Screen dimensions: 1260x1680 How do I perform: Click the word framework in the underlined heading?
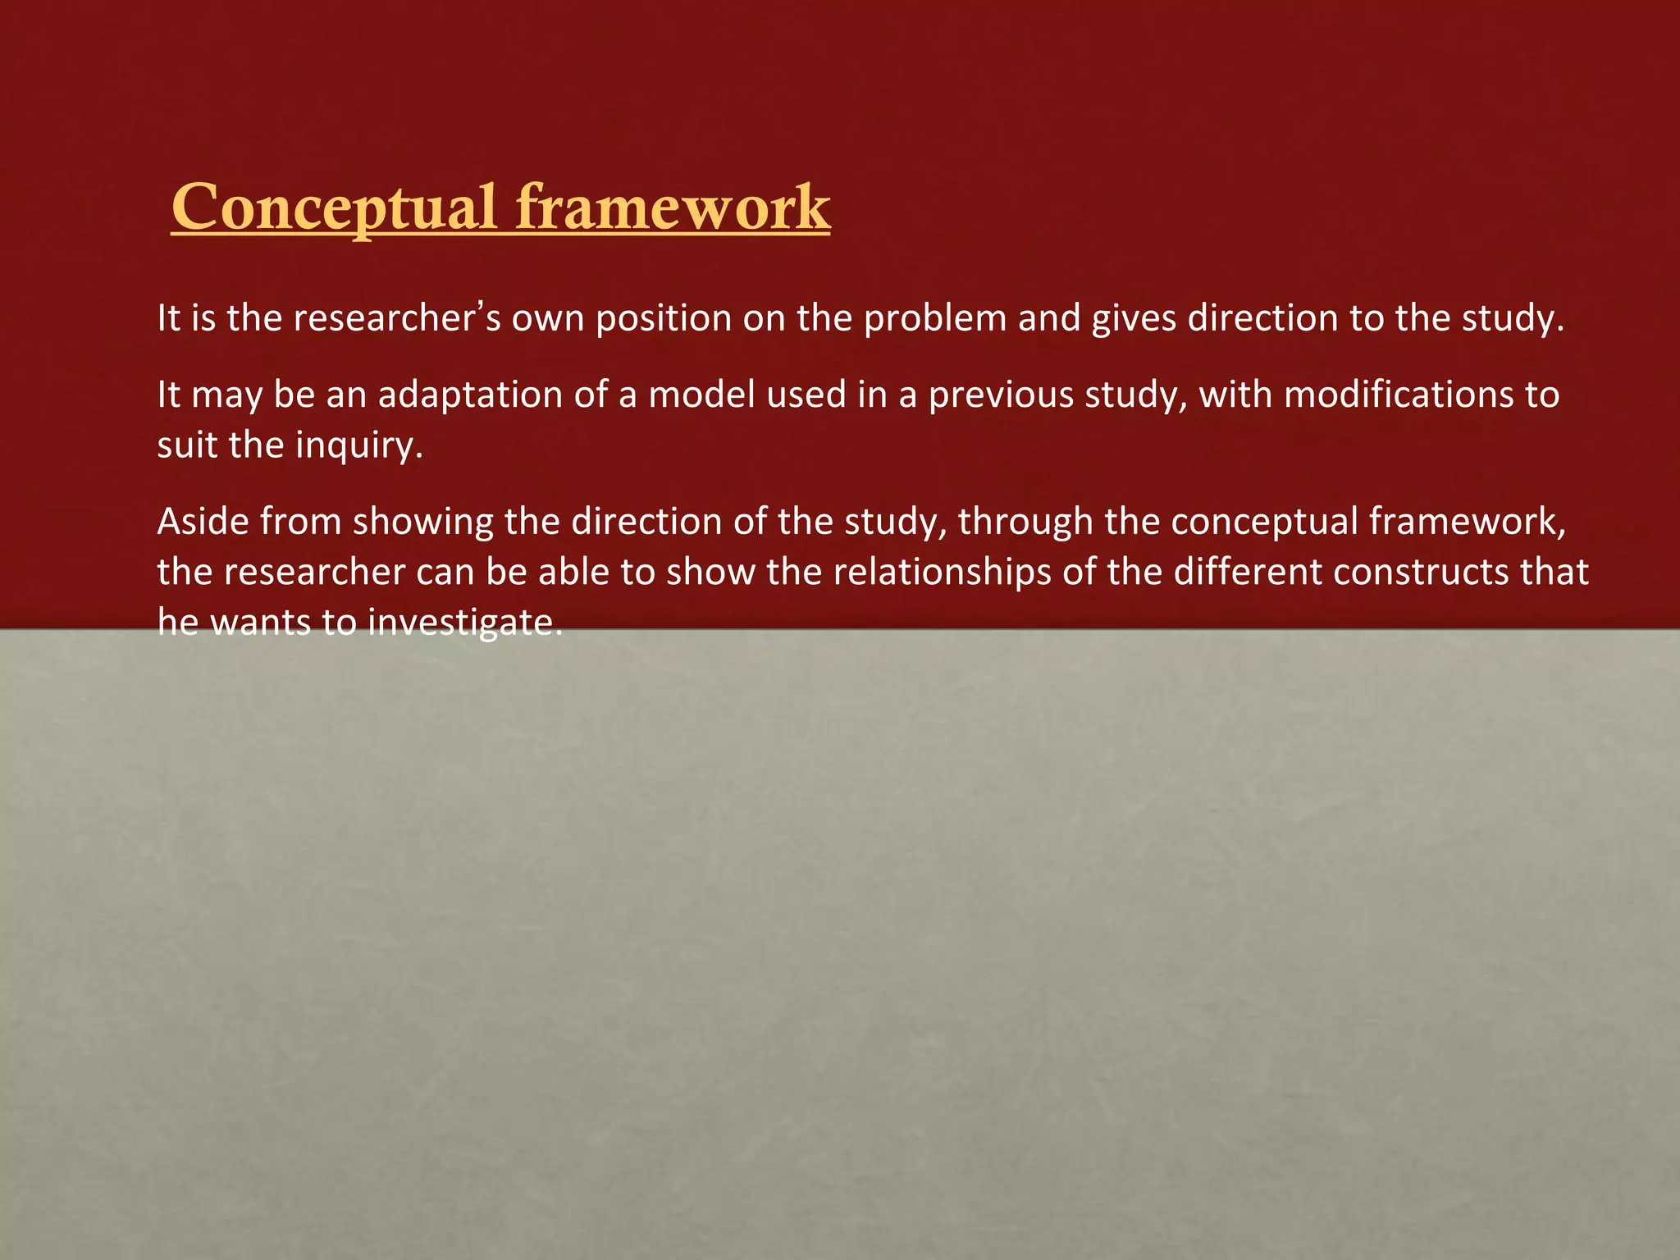(x=673, y=208)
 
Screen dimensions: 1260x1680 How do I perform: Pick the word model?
(x=701, y=395)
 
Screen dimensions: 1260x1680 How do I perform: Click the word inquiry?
(x=358, y=446)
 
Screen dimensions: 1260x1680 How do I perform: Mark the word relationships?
(x=943, y=573)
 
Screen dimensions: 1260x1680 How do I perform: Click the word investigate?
(x=465, y=624)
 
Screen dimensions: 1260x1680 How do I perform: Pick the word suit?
(x=186, y=446)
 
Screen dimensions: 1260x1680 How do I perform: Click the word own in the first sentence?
(x=548, y=319)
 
